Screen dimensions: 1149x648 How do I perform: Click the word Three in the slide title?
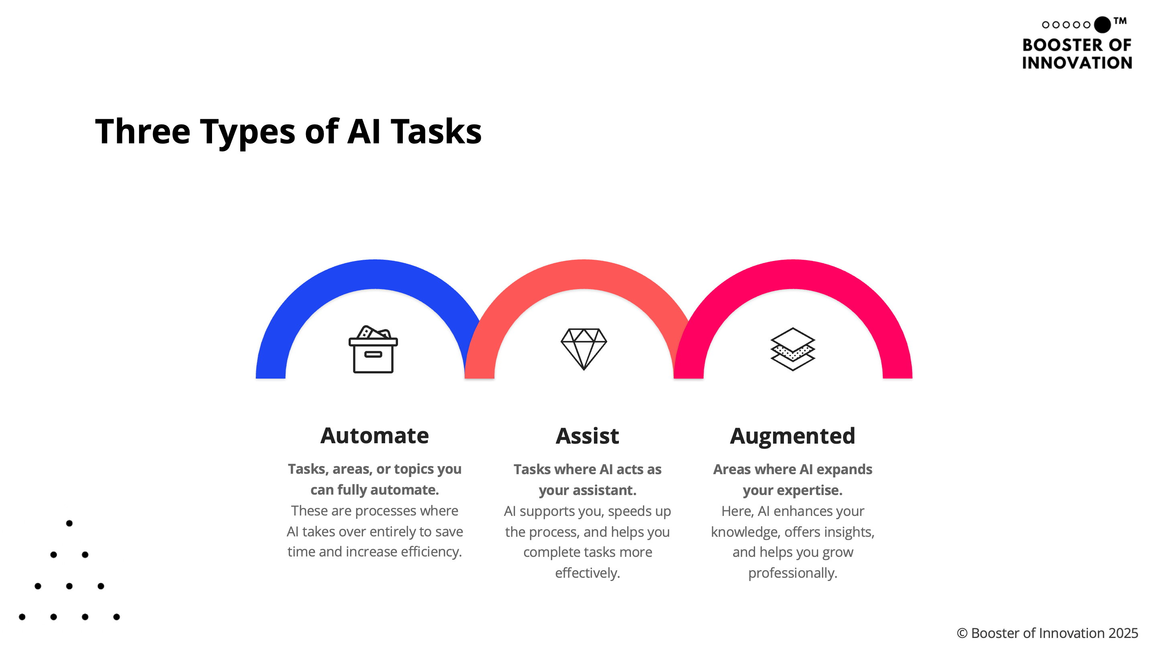click(143, 132)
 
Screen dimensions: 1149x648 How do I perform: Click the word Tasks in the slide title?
click(436, 132)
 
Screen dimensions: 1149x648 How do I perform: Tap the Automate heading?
click(375, 436)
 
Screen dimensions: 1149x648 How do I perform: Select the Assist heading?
click(588, 436)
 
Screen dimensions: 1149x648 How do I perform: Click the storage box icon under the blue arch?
click(373, 349)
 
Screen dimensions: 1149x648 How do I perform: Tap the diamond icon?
click(584, 349)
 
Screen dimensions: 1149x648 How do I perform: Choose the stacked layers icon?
click(793, 349)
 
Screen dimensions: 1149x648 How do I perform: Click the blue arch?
click(375, 274)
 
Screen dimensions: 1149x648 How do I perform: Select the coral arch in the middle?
click(584, 274)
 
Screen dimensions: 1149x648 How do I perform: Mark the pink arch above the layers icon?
click(793, 274)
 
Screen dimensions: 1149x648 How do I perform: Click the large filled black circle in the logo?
click(1102, 24)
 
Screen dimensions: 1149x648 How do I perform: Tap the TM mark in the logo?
click(1120, 20)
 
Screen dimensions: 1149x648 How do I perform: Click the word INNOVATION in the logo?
click(1077, 63)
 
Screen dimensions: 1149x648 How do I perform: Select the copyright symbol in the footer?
click(962, 633)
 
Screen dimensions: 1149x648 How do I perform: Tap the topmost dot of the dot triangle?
click(69, 523)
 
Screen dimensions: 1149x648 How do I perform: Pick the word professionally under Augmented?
click(793, 573)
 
